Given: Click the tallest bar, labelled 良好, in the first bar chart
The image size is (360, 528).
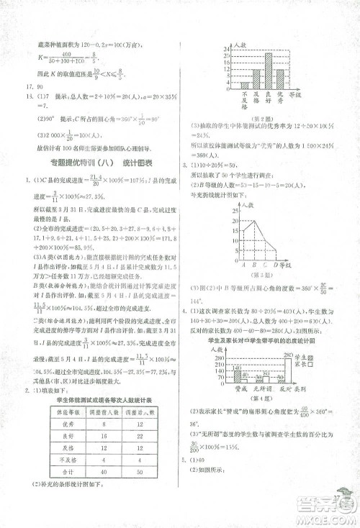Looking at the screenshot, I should pos(269,68).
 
